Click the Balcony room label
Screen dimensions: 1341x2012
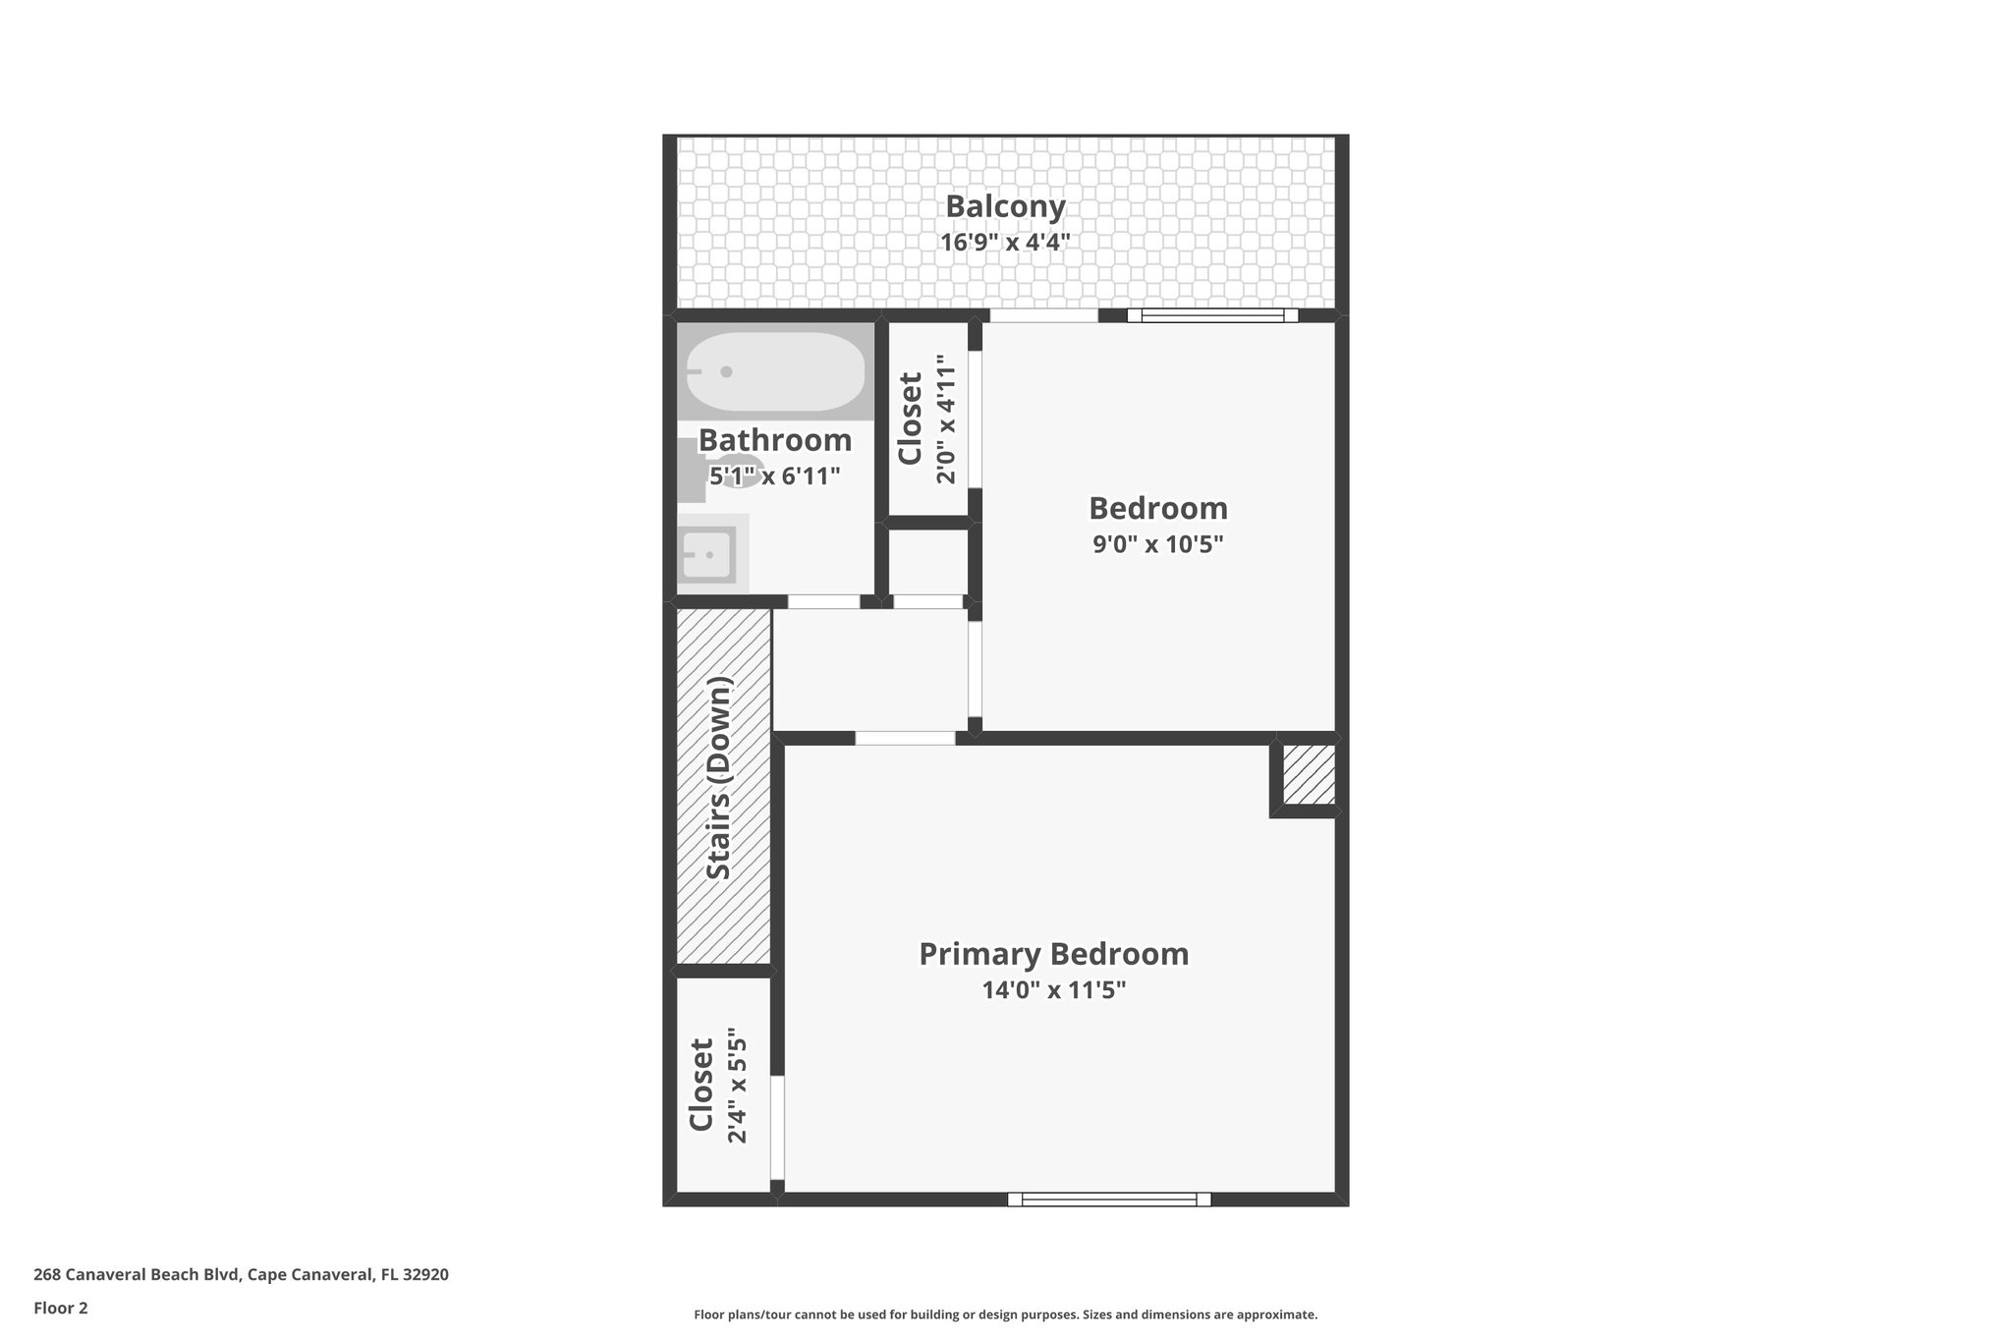pyautogui.click(x=1005, y=206)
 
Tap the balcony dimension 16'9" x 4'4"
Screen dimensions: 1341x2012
pyautogui.click(x=1005, y=242)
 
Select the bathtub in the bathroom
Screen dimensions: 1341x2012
pyautogui.click(x=775, y=372)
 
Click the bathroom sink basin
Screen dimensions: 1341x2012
pyautogui.click(x=706, y=555)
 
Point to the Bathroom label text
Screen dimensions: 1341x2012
pyautogui.click(x=775, y=440)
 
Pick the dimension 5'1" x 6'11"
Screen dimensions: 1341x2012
pyautogui.click(x=775, y=476)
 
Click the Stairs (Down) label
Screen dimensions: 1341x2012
pyautogui.click(x=720, y=779)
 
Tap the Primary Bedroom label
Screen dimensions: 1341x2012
pyautogui.click(x=1053, y=954)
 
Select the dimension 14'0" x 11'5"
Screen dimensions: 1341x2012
pyautogui.click(x=1053, y=990)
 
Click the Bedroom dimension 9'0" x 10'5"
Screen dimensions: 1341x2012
pyautogui.click(x=1157, y=544)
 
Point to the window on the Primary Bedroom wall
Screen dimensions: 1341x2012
pyautogui.click(x=1109, y=1199)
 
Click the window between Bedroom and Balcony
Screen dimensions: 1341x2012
pyautogui.click(x=1212, y=315)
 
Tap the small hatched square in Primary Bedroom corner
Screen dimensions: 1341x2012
pyautogui.click(x=1308, y=775)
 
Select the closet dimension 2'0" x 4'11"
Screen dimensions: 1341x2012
pyautogui.click(x=945, y=419)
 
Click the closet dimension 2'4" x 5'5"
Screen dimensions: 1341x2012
pyautogui.click(x=736, y=1086)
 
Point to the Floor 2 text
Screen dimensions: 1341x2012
pyautogui.click(x=61, y=1308)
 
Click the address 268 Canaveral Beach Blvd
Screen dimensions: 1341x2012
pyautogui.click(x=241, y=1274)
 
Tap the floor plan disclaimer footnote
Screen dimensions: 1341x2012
pyautogui.click(x=1005, y=1314)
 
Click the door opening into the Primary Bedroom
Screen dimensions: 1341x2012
pyautogui.click(x=905, y=738)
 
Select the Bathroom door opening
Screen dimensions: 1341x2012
pyautogui.click(x=823, y=601)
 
